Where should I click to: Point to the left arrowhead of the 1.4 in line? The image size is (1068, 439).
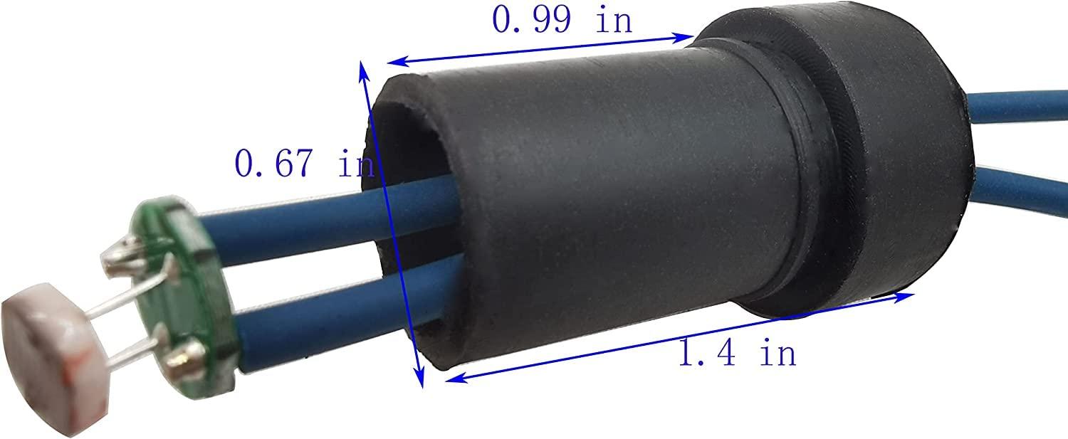point(450,381)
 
